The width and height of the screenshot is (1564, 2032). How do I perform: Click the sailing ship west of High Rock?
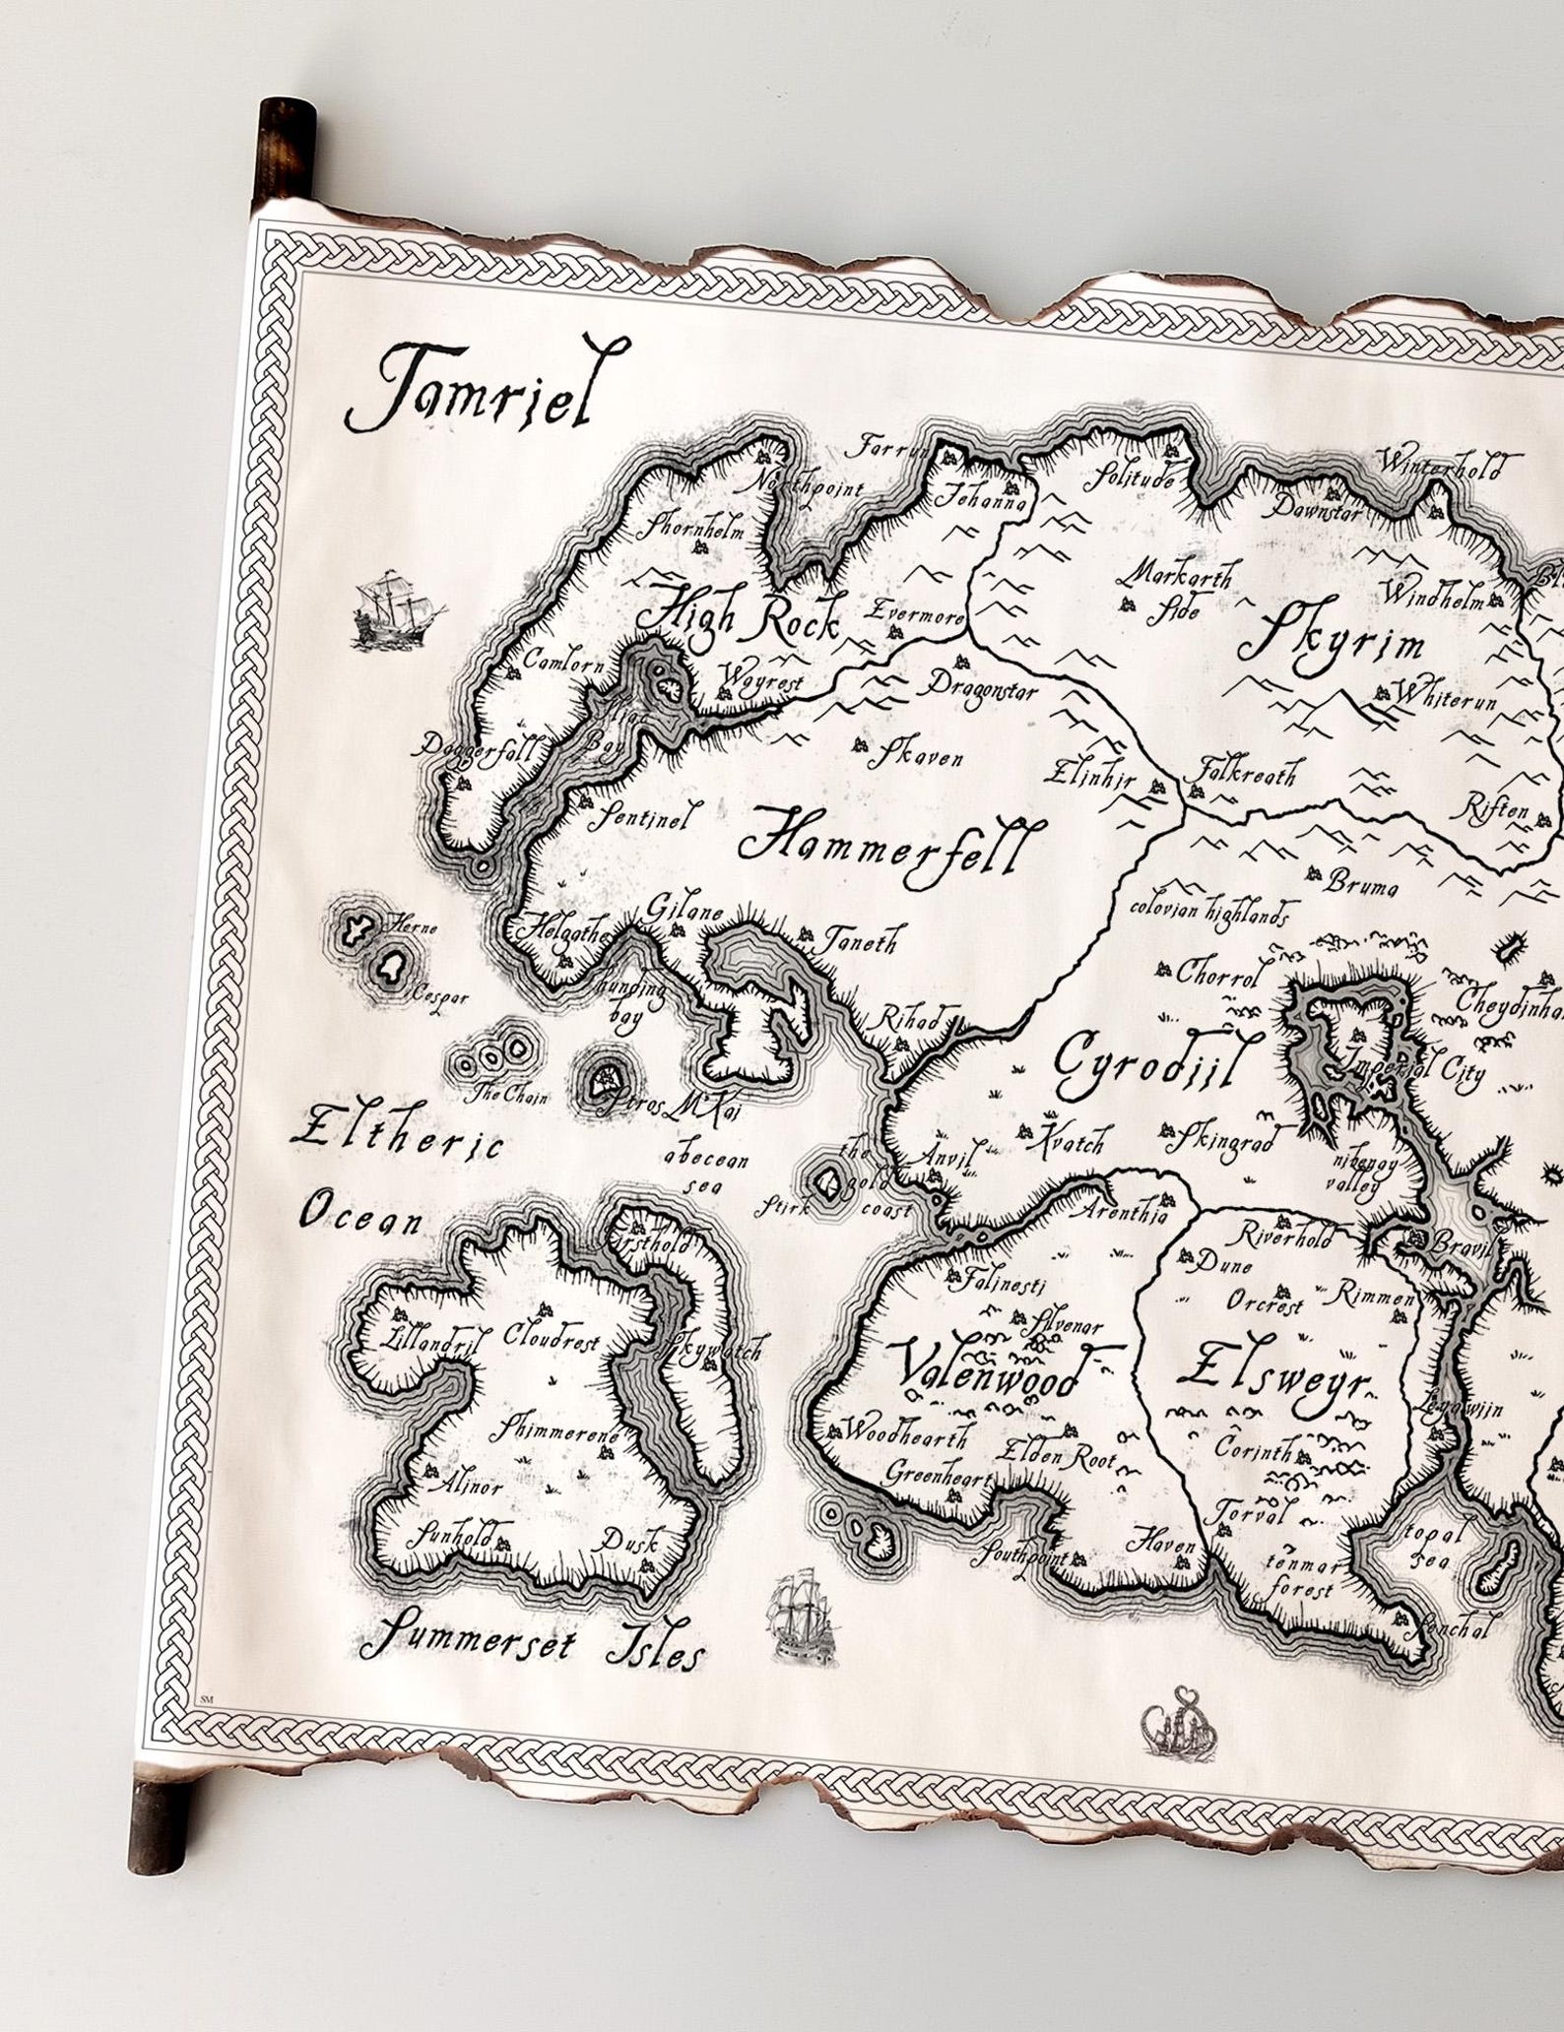coord(394,610)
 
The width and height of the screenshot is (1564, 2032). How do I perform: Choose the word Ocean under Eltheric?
coord(360,1218)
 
